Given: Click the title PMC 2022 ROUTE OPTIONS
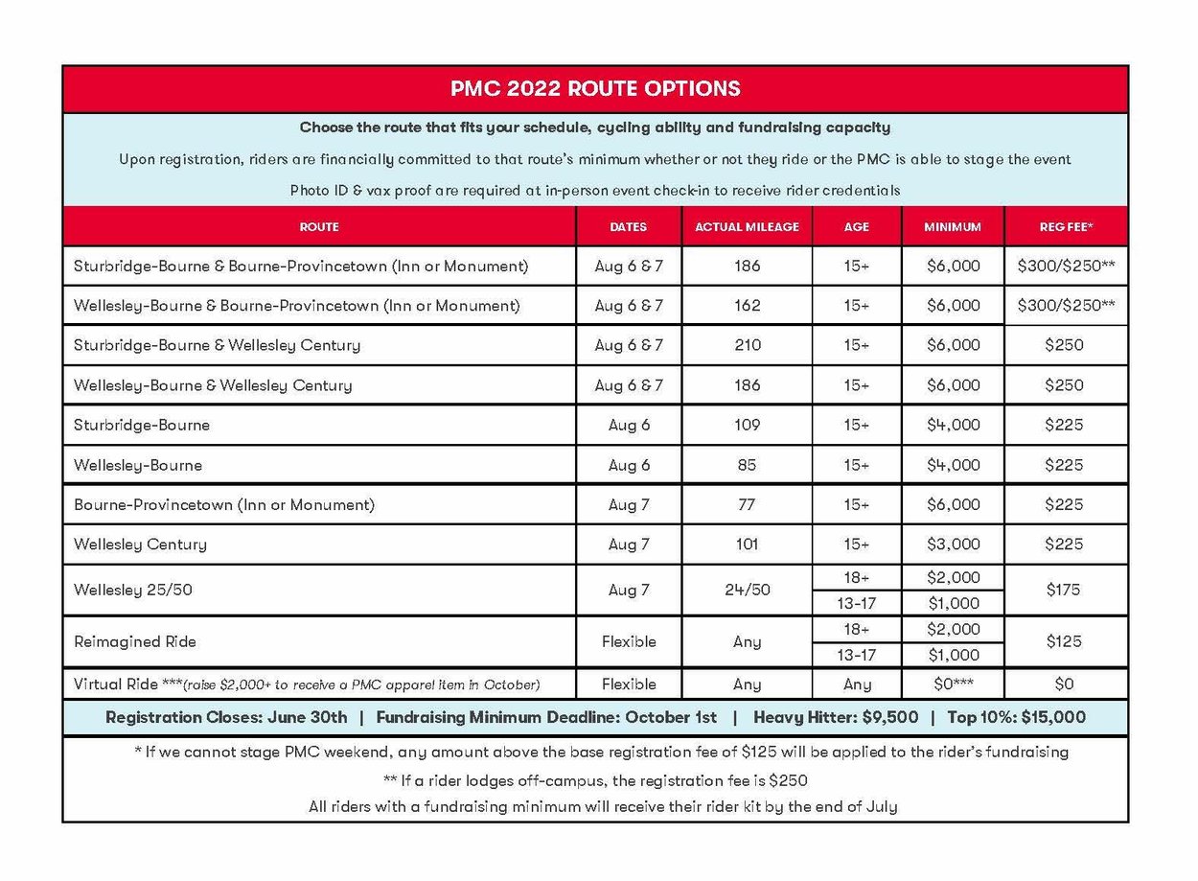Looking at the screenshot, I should click(595, 89).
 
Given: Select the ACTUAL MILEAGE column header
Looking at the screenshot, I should click(747, 227).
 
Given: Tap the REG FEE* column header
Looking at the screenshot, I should click(1066, 227).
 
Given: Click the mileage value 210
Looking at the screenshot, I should click(747, 345).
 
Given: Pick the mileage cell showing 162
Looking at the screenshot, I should click(747, 306).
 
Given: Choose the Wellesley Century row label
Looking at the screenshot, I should click(140, 545).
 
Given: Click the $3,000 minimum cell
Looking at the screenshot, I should click(953, 545).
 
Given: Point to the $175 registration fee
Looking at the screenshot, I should click(1065, 590).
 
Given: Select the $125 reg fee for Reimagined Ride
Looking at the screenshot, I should click(1065, 641).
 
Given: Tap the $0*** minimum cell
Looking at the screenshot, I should click(953, 684).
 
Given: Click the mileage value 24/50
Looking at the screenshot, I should click(747, 590).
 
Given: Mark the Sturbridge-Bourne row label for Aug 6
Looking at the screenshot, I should click(142, 425).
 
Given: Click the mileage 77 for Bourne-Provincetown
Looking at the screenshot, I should click(747, 504).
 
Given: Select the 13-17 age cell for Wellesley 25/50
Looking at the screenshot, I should click(856, 603).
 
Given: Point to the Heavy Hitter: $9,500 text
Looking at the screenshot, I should click(835, 717).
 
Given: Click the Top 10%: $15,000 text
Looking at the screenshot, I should click(1016, 717).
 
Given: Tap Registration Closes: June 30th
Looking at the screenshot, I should click(226, 717).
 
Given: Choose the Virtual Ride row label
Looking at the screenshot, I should click(110, 684).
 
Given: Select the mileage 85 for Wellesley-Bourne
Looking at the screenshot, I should click(747, 465).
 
